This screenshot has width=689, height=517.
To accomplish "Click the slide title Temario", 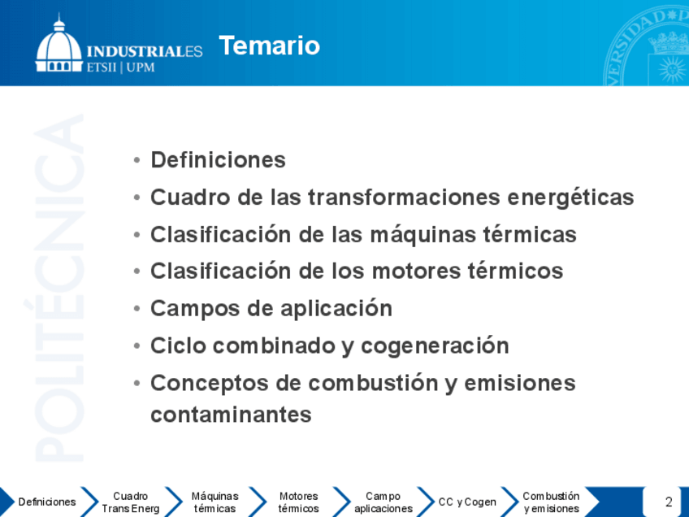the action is coord(270,46).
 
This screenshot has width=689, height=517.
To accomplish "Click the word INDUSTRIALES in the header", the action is coord(145,51).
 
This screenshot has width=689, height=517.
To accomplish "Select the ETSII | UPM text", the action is coord(121,67).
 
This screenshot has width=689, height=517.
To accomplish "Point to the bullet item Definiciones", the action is coord(218,159).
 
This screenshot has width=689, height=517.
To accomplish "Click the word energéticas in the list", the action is coord(571,198).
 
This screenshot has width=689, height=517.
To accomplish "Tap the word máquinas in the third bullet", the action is coord(423,234).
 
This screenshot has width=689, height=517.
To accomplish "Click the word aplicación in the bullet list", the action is coord(336,309).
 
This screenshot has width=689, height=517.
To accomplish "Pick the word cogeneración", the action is coord(435,346).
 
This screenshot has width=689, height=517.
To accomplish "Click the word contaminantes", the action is coord(231,415).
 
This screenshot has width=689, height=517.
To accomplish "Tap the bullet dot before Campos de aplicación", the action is coord(137,309).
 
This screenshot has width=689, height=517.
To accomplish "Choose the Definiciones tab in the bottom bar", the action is coord(47,502).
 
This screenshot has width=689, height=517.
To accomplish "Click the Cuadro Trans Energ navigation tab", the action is coord(131,502).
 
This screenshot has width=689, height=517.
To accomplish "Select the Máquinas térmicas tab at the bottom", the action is coord(214,502).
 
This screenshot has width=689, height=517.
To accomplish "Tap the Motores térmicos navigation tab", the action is coord(298,502).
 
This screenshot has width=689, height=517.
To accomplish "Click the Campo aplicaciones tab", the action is coord(383,502).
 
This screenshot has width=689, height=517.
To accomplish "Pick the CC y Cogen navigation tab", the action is coord(467,502).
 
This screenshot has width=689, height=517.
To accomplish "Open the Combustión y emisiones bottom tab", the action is coord(551,502).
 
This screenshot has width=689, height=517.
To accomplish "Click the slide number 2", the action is coord(669,502).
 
